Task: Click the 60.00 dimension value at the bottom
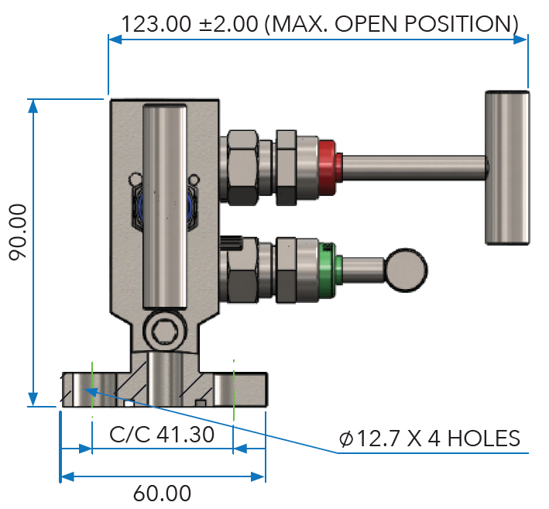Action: tap(162, 494)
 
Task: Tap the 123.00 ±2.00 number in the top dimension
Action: tap(189, 23)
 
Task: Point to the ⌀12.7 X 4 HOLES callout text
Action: tap(430, 438)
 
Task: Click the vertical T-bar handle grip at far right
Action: tap(508, 166)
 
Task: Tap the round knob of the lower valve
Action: tap(407, 270)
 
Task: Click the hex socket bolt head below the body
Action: tap(163, 332)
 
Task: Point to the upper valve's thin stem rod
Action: tap(414, 166)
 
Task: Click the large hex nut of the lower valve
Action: tap(240, 271)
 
